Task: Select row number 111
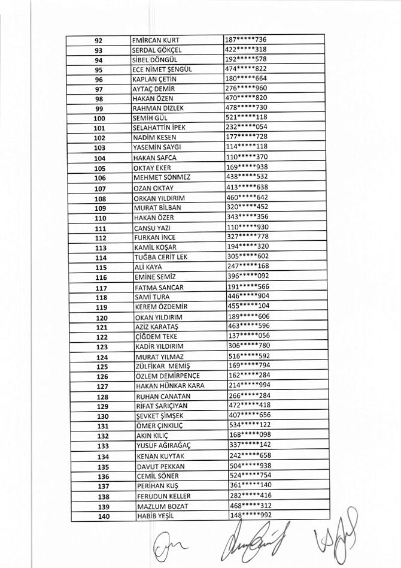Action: pyautogui.click(x=100, y=228)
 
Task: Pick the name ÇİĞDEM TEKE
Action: pyautogui.click(x=155, y=337)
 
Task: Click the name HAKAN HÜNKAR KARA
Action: pyautogui.click(x=170, y=386)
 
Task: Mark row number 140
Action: pyautogui.click(x=102, y=516)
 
